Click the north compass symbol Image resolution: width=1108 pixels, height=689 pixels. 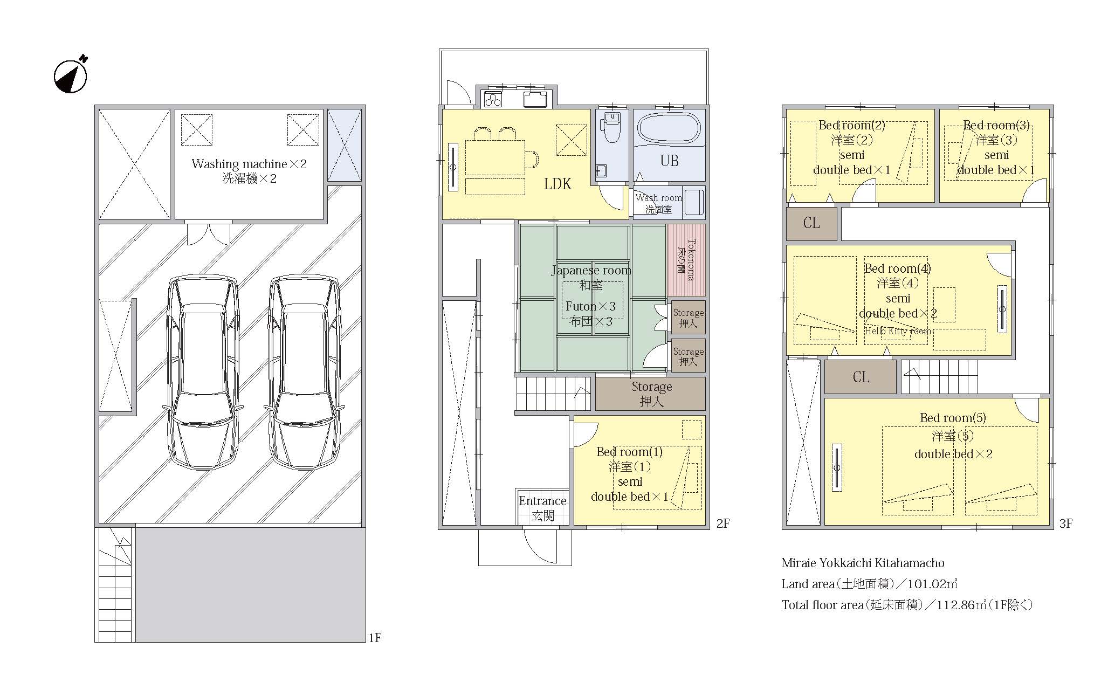[x=71, y=75]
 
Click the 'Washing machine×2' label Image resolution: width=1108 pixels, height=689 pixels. [x=249, y=164]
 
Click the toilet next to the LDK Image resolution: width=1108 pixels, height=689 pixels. [x=612, y=127]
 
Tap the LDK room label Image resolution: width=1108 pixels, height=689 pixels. [x=558, y=184]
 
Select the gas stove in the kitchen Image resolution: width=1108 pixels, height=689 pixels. [x=493, y=100]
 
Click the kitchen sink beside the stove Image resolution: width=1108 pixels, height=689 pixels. [x=534, y=99]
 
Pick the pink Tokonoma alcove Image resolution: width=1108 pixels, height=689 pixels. [x=686, y=260]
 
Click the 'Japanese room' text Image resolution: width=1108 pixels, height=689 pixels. [x=591, y=270]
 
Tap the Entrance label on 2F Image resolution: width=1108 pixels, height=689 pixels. [x=542, y=501]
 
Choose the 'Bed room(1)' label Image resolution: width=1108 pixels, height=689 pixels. [x=629, y=452]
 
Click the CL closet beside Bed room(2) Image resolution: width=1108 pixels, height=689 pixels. [x=811, y=223]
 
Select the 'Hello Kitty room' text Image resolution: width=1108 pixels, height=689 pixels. [x=898, y=331]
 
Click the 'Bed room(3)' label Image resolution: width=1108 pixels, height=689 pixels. [x=996, y=126]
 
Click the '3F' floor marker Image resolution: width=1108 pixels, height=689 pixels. [x=1065, y=523]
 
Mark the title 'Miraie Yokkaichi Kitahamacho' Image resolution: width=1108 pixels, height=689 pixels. [x=863, y=563]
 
